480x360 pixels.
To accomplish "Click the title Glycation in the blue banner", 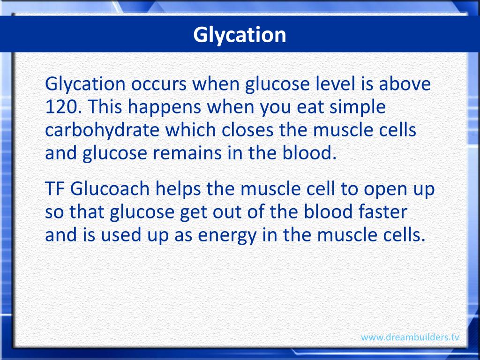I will pyautogui.click(x=240, y=35).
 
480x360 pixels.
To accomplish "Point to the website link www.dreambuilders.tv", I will pyautogui.click(x=410, y=337).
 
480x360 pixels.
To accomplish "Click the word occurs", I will pyautogui.click(x=160, y=84).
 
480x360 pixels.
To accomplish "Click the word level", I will pyautogui.click(x=305, y=84).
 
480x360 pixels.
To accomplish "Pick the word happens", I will pyautogui.click(x=165, y=107).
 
